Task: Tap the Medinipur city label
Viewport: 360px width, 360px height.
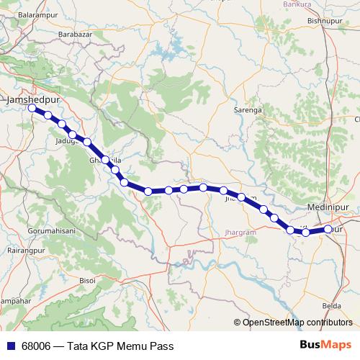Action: click(328, 207)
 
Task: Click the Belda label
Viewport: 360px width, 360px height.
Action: click(332, 305)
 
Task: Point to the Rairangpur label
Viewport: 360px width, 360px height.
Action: click(22, 251)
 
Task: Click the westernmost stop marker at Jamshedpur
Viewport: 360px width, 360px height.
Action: click(32, 109)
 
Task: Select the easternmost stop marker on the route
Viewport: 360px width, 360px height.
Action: click(328, 229)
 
